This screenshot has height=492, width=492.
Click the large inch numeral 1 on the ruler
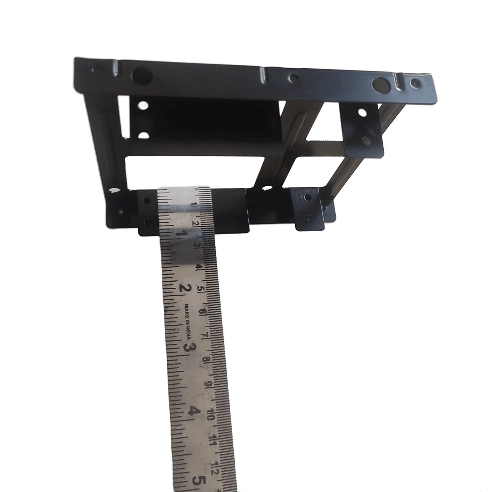(x=181, y=235)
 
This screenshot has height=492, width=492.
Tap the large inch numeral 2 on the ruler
(x=185, y=289)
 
